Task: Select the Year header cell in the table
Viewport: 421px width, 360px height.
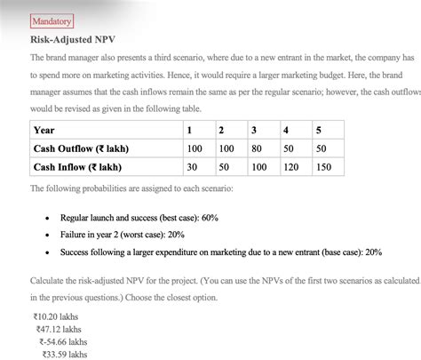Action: click(x=44, y=131)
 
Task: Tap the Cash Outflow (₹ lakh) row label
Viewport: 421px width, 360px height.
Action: click(x=77, y=148)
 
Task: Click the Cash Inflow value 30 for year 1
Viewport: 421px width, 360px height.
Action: click(x=192, y=166)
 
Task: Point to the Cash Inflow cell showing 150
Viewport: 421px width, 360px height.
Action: click(x=325, y=166)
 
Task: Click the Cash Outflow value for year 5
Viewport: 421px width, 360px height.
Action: click(x=321, y=148)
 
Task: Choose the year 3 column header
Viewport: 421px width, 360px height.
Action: click(x=254, y=131)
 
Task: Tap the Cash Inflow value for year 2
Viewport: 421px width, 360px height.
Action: click(x=225, y=166)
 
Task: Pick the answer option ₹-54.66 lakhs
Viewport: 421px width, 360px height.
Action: click(x=63, y=340)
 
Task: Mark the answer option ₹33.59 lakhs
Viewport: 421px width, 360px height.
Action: click(x=64, y=354)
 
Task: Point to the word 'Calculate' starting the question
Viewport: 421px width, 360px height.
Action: click(x=47, y=280)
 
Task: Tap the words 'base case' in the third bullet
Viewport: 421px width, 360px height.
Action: click(x=333, y=252)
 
